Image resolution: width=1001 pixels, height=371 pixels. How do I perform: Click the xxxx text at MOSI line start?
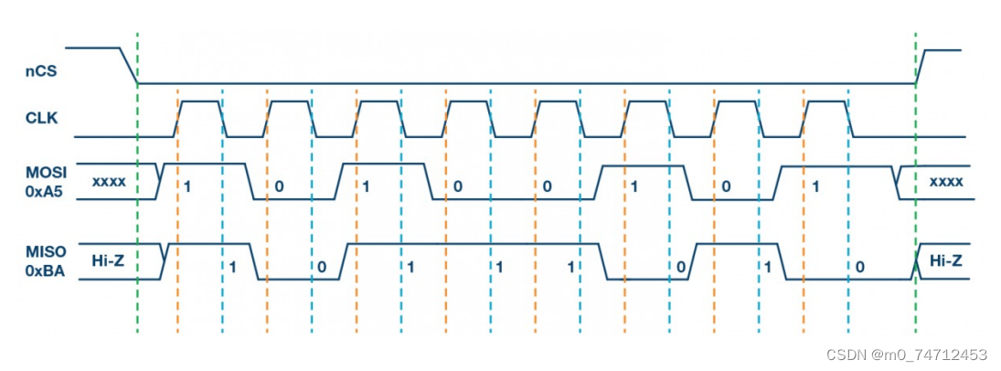pyautogui.click(x=109, y=182)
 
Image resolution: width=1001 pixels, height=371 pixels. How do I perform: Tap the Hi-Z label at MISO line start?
pyautogui.click(x=109, y=261)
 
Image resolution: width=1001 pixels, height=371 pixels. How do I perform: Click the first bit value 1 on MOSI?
pyautogui.click(x=186, y=186)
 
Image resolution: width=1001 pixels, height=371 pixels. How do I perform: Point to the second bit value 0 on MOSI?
pyautogui.click(x=456, y=186)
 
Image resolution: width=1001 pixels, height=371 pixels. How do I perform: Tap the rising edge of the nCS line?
pyautogui.click(x=921, y=66)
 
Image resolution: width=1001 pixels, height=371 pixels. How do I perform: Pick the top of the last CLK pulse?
pyautogui.click(x=826, y=101)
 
